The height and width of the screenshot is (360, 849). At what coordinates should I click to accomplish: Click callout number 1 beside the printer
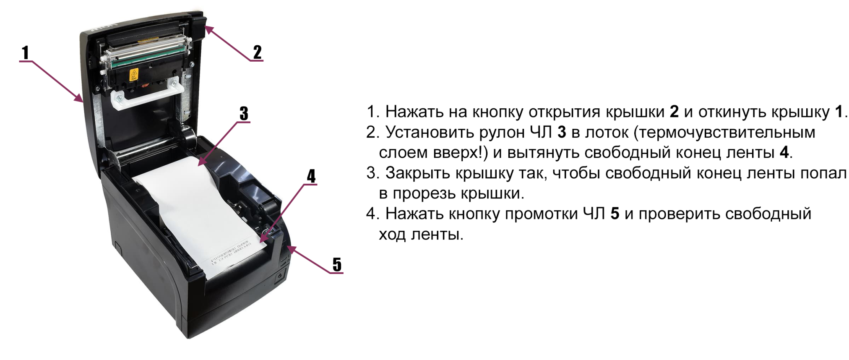pyautogui.click(x=26, y=53)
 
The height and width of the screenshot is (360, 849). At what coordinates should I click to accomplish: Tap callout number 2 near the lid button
pyautogui.click(x=257, y=52)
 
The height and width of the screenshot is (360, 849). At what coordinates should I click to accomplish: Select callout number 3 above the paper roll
pyautogui.click(x=244, y=113)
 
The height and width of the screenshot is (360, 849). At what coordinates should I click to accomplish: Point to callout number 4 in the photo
pyautogui.click(x=311, y=176)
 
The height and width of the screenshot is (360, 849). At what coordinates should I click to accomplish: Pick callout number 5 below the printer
pyautogui.click(x=337, y=264)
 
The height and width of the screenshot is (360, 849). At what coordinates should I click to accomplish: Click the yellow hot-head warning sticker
pyautogui.click(x=134, y=74)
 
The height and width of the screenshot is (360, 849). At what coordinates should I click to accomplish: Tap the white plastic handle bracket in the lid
pyautogui.click(x=145, y=95)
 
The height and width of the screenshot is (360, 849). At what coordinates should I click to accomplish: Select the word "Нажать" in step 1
pyautogui.click(x=414, y=112)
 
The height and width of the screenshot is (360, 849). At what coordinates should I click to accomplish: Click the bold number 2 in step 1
pyautogui.click(x=674, y=112)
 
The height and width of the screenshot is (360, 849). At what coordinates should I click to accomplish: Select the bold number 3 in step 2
pyautogui.click(x=562, y=132)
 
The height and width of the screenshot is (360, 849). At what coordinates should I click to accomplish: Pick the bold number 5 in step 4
pyautogui.click(x=615, y=214)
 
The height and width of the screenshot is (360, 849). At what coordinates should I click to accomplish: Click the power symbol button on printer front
pyautogui.click(x=280, y=277)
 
